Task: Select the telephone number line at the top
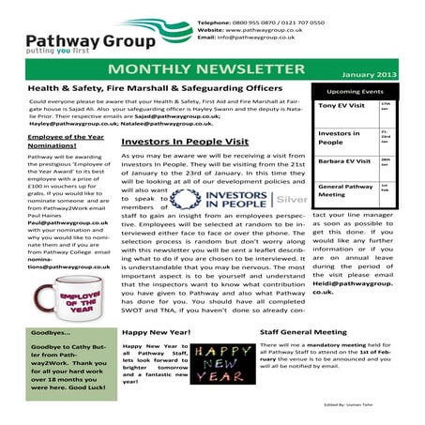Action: click(273, 21)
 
